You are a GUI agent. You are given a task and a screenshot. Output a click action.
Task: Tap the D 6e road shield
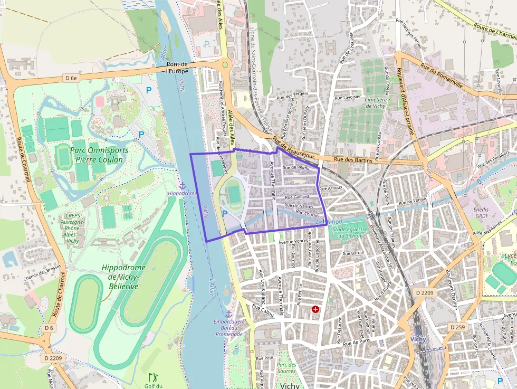click(x=71, y=78)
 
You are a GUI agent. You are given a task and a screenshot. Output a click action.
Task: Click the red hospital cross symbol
click(x=315, y=309)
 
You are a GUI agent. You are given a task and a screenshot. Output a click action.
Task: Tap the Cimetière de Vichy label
click(x=376, y=102)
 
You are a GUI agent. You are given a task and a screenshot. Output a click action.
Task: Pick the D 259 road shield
click(x=458, y=327)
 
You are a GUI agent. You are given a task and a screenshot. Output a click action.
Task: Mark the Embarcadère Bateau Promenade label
click(x=229, y=327)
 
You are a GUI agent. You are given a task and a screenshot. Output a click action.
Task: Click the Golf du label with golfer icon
click(x=153, y=381)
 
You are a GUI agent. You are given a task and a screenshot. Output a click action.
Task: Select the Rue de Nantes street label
click(x=299, y=206)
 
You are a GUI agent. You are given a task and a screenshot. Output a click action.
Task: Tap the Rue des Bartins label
click(x=353, y=160)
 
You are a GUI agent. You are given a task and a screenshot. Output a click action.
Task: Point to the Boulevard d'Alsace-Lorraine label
click(x=405, y=101)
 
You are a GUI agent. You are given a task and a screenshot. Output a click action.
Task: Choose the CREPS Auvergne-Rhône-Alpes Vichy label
click(x=73, y=228)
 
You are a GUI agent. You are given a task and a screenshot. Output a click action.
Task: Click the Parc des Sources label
click(x=286, y=368)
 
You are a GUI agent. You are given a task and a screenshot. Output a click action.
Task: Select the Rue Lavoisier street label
click(x=348, y=97)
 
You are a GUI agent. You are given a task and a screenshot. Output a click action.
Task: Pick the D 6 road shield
click(x=49, y=328)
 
